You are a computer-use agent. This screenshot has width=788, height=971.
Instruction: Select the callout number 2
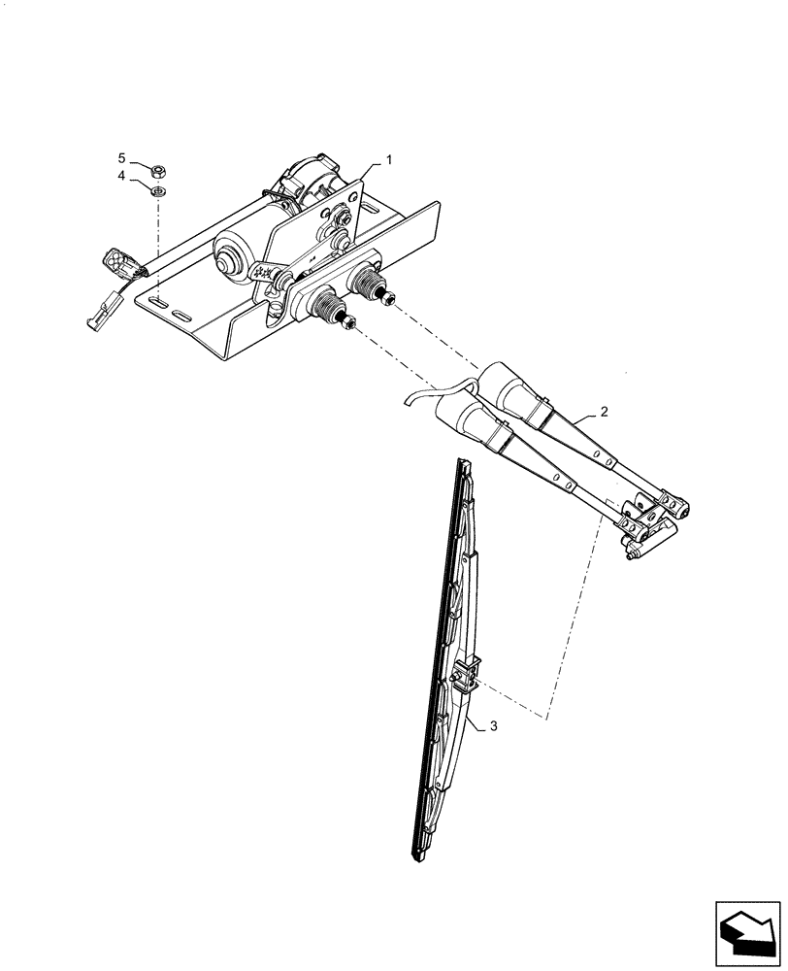[604, 412]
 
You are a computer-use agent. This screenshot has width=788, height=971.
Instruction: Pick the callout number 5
[122, 157]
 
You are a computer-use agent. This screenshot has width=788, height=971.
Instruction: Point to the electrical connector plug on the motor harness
[119, 263]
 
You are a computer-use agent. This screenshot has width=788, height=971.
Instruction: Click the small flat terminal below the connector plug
[100, 310]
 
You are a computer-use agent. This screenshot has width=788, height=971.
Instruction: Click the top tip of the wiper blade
[465, 467]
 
